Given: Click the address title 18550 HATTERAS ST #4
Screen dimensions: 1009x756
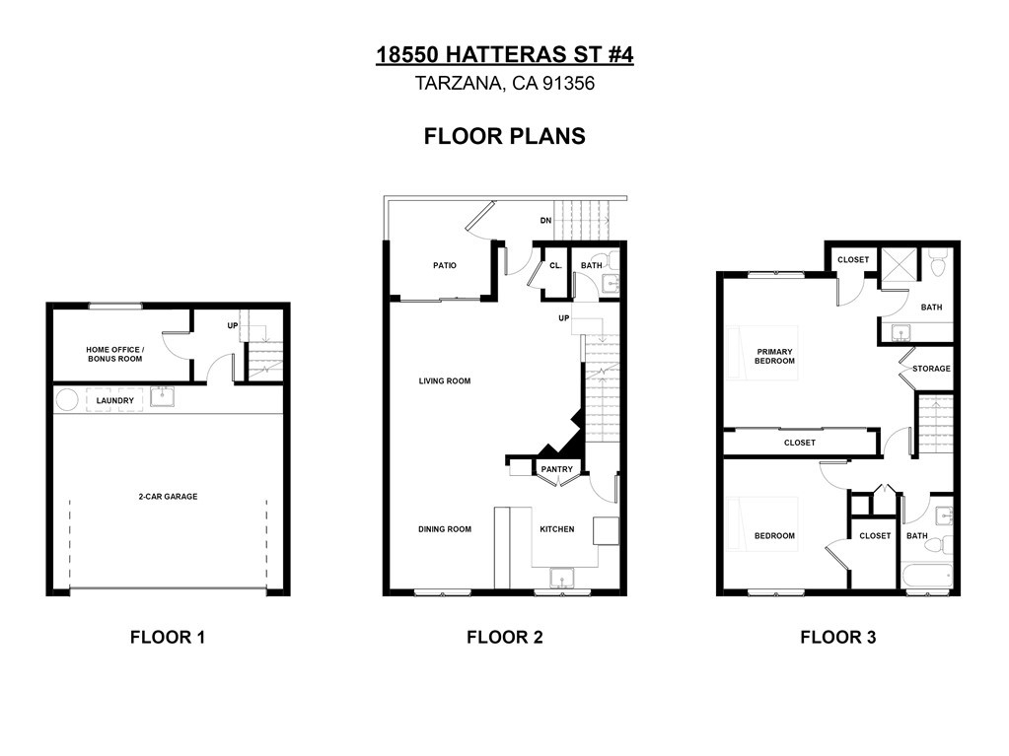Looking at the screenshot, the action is (505, 54).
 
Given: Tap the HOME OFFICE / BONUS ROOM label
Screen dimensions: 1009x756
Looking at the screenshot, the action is (115, 354).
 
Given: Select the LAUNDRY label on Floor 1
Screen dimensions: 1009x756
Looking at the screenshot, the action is (115, 400).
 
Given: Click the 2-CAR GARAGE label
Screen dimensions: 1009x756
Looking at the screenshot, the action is (168, 497).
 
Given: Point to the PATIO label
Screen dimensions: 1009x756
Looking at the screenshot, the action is (445, 265).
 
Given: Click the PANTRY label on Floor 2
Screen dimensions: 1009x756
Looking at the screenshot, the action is (556, 469).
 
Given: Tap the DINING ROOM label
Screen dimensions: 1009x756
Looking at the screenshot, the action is (445, 529).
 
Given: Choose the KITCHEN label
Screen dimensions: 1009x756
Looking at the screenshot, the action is (557, 529).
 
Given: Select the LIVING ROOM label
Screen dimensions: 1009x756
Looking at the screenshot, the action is (445, 380).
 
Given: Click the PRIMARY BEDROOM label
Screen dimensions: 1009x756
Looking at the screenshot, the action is (775, 356).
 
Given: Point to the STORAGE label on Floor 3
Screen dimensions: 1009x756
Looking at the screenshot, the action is (931, 369).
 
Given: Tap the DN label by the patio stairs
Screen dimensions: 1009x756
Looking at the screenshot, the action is (545, 221).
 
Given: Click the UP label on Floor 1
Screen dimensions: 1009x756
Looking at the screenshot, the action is (233, 325).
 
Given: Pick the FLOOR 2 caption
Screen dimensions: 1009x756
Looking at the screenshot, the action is (505, 637).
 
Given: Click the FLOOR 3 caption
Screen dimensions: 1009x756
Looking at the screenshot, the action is (837, 637).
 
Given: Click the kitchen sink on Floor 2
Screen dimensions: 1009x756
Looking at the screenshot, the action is (562, 578).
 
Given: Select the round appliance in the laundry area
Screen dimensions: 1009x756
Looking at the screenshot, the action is (67, 400).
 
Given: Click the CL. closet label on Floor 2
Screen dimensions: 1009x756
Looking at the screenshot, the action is (555, 265).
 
